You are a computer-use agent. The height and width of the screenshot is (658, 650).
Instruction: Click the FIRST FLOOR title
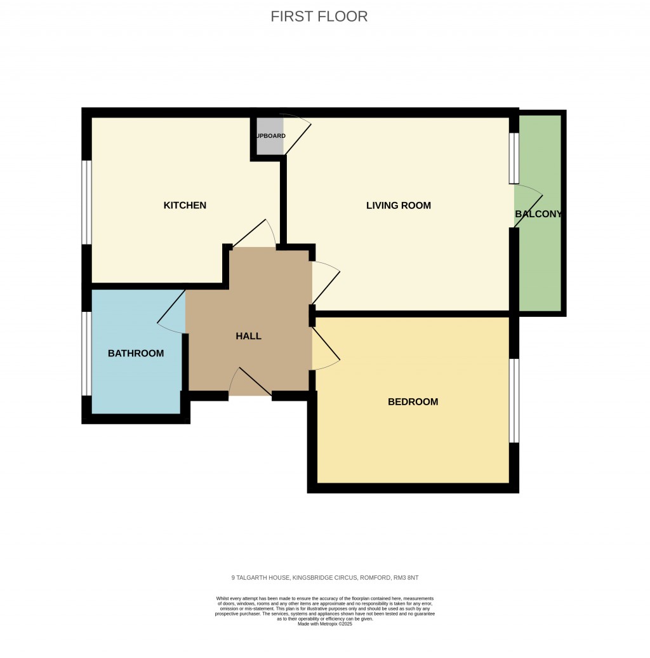click(x=319, y=17)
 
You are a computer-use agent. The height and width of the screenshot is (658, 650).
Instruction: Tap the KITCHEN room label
click(x=185, y=205)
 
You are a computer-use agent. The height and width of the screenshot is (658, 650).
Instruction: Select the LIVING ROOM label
click(x=398, y=205)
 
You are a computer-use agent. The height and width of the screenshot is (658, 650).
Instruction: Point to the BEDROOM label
click(x=413, y=401)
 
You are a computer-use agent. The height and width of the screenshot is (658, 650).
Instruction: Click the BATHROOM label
click(x=135, y=353)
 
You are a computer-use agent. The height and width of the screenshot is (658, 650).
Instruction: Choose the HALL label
click(x=248, y=336)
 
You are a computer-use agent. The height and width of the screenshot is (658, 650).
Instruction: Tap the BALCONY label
click(x=538, y=214)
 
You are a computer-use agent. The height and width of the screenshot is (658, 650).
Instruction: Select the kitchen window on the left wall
click(x=86, y=202)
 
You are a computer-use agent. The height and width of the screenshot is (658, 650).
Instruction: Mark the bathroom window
click(x=86, y=353)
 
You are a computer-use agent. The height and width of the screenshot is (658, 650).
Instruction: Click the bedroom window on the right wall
click(x=515, y=401)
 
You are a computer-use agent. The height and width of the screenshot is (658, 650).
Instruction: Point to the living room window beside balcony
click(x=514, y=158)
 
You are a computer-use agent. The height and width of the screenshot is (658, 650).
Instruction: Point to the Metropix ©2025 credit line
click(x=324, y=624)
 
